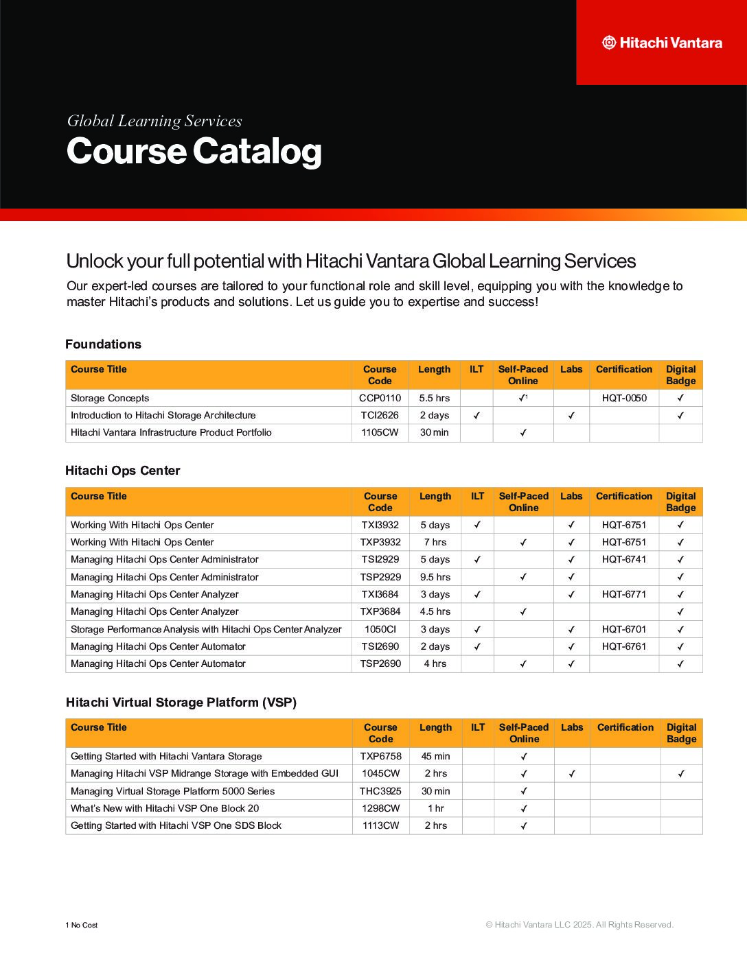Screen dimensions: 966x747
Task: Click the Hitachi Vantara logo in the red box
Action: pos(662,43)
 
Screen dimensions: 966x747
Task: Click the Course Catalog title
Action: pos(194,152)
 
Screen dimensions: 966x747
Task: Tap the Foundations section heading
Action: pos(103,344)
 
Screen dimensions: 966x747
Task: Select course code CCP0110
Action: pos(380,398)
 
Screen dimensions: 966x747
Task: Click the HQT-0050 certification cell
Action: pos(624,398)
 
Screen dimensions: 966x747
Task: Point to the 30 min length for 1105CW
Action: pos(434,432)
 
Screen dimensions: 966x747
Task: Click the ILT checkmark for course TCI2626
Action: pos(476,415)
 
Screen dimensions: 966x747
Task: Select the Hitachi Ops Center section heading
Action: pos(122,471)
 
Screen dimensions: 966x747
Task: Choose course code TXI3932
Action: pos(380,525)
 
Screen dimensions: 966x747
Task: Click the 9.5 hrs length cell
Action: pos(435,577)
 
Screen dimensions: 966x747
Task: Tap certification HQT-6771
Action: pos(624,594)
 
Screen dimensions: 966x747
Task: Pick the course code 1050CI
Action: pos(380,629)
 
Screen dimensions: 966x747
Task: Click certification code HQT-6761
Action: pos(624,646)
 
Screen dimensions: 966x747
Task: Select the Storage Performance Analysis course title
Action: pos(206,629)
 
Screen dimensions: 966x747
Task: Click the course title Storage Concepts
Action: pos(110,398)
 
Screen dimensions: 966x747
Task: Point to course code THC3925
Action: pos(380,791)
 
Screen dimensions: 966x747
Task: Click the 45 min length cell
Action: pos(436,756)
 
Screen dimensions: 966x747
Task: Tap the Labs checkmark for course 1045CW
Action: pos(572,773)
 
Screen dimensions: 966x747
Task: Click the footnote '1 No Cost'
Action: pos(82,925)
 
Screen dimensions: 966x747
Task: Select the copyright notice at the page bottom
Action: pos(579,925)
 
